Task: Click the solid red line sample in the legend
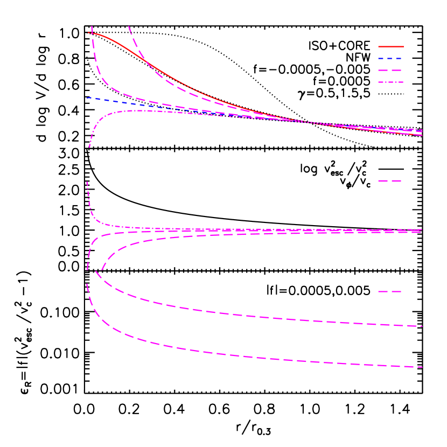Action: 390,47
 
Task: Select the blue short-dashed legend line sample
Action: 390,58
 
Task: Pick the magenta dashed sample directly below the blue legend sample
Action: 390,71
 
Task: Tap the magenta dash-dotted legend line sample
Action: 390,82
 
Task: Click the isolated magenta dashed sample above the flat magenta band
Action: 390,181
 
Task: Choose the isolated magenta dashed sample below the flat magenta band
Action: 390,291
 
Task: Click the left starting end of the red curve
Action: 88,33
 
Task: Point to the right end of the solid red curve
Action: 422,135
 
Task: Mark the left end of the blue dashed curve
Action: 87,97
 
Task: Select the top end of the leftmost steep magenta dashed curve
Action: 92,26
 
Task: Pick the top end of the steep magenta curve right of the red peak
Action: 129,26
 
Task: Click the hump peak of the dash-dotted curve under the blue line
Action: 137,110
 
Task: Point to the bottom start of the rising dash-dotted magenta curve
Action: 89,147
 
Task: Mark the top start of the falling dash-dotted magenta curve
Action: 87,182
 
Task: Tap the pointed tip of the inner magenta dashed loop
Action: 96,271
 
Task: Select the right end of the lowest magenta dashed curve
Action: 422,367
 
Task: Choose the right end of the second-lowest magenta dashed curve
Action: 422,326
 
